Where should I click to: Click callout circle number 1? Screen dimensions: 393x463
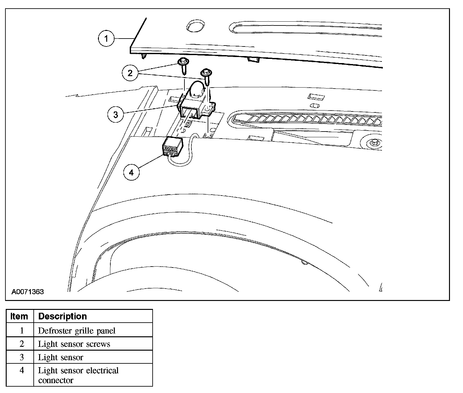pyautogui.click(x=106, y=39)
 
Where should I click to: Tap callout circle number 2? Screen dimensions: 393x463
pyautogui.click(x=130, y=73)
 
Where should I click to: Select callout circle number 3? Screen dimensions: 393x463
pyautogui.click(x=115, y=114)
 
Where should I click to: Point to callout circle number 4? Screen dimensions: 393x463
pyautogui.click(x=131, y=172)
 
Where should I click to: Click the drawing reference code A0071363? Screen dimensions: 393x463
pyautogui.click(x=28, y=292)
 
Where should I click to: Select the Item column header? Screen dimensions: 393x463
pyautogui.click(x=19, y=316)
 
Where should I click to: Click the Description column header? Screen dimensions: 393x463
pyautogui.click(x=62, y=316)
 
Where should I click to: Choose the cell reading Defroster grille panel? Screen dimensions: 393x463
pyautogui.click(x=76, y=331)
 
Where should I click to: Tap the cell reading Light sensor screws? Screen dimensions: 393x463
pyautogui.click(x=74, y=344)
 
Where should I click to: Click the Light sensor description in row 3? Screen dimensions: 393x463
pyautogui.click(x=60, y=357)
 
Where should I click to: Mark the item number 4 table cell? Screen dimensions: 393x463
pyautogui.click(x=22, y=371)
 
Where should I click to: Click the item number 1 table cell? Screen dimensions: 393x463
pyautogui.click(x=22, y=331)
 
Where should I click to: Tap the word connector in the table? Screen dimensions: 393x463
pyautogui.click(x=56, y=380)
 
